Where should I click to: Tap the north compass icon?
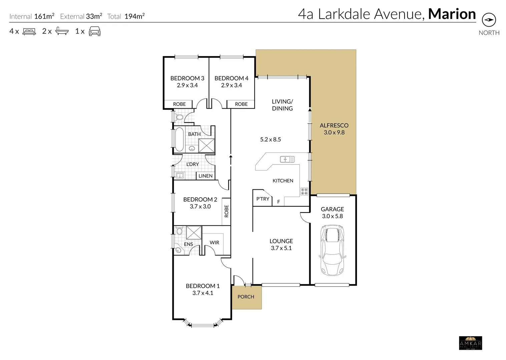489,20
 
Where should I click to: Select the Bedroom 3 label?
187,78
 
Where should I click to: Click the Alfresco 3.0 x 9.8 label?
334,129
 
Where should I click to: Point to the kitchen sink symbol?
287,159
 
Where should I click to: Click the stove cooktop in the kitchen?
304,191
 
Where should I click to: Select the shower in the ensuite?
194,232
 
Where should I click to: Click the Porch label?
246,297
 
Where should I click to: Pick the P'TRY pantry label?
263,199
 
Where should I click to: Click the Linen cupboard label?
205,176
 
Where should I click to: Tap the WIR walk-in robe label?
214,242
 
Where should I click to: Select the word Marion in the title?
452,14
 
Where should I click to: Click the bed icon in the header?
29,31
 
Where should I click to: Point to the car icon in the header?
95,31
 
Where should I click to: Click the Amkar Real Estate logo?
470,343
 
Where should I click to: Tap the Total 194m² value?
134,16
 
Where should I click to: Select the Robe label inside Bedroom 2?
226,211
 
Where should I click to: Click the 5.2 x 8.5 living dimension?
271,140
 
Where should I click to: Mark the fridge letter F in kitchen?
279,202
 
